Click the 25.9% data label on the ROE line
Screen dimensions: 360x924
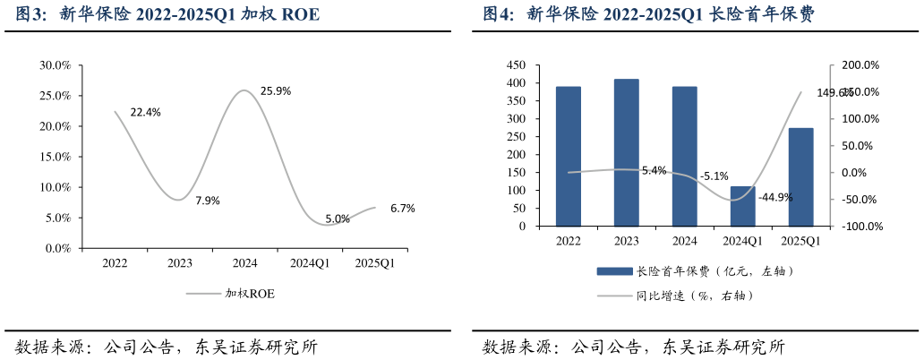coord(275,91)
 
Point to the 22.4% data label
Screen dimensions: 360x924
coord(146,113)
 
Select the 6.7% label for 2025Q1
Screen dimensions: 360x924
coord(402,209)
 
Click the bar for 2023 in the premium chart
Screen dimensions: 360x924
coord(627,152)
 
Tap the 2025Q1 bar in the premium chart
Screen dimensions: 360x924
coord(800,177)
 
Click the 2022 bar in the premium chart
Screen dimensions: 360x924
coord(569,156)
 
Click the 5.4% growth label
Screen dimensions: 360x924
coord(654,171)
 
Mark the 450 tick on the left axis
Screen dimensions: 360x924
coord(517,65)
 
